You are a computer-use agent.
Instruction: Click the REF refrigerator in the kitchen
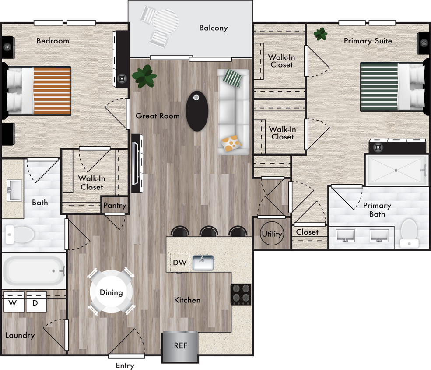(180, 346)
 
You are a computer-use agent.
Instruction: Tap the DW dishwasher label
(179, 263)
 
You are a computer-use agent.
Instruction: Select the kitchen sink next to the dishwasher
(203, 263)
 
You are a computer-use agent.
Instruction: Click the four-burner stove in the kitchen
(241, 294)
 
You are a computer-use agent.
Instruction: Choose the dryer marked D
(36, 302)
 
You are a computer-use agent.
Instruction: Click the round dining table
(111, 292)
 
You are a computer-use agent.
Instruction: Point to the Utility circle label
(272, 234)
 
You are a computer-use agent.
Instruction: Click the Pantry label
(115, 205)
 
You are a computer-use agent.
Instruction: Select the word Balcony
(213, 28)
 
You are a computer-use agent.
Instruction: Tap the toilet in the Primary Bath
(409, 233)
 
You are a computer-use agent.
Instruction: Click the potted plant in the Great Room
(144, 76)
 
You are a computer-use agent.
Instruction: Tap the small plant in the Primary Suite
(321, 34)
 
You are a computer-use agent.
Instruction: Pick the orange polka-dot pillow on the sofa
(231, 144)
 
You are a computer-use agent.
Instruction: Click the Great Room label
(158, 116)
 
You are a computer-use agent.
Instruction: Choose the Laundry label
(20, 336)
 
